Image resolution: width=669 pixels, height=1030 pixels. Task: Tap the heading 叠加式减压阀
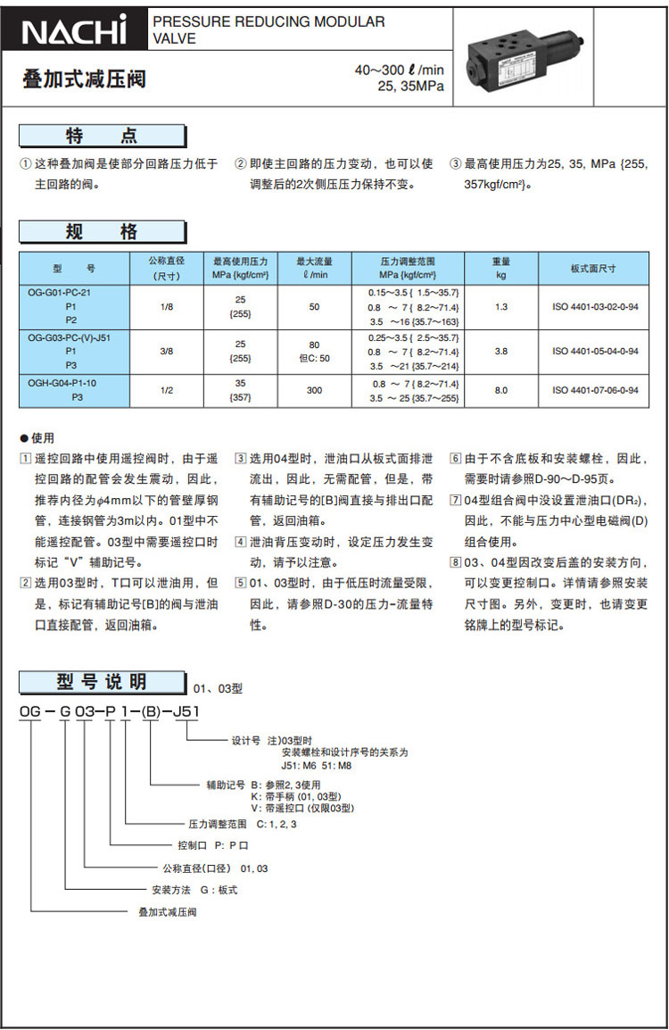[84, 80]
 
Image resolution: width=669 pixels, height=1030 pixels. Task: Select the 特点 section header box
[103, 137]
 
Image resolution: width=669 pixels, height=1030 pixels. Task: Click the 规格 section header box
[103, 233]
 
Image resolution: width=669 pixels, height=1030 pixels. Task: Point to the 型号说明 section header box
[102, 683]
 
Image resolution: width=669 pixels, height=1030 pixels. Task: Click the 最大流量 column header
[314, 268]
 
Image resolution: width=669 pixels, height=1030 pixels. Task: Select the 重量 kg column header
[501, 268]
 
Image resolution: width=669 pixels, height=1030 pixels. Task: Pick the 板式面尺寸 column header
[593, 268]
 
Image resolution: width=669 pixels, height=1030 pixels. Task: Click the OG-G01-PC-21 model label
[60, 292]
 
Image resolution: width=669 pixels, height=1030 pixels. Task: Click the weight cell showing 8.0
[501, 390]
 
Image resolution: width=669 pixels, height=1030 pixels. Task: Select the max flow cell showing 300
[314, 390]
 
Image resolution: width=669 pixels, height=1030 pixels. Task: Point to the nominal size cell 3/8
[167, 352]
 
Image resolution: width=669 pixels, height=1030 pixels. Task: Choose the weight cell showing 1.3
[501, 306]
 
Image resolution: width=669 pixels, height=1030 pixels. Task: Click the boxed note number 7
[455, 499]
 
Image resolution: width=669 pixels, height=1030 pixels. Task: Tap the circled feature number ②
[241, 164]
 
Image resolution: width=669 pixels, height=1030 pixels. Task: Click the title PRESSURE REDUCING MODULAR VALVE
[268, 30]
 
